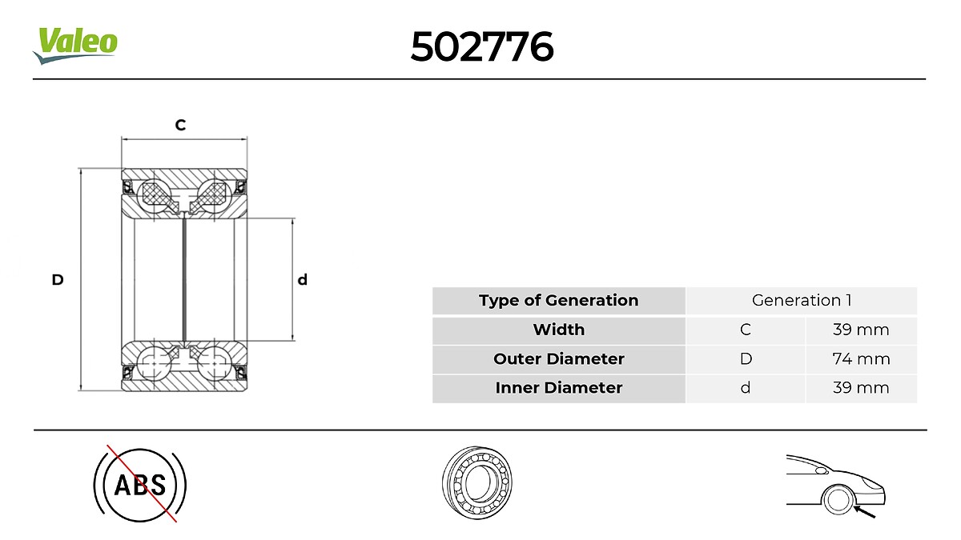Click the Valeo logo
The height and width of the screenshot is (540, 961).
point(75,44)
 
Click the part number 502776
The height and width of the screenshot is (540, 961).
point(481,47)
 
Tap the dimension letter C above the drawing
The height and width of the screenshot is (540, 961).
point(181,125)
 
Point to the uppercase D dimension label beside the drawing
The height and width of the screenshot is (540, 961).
point(58,280)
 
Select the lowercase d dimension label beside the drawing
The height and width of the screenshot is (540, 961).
point(302,280)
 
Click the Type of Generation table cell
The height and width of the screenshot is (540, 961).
point(558,301)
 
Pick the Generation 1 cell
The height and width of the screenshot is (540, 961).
point(801,301)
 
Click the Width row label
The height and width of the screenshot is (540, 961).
point(558,330)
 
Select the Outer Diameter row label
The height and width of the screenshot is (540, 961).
point(558,359)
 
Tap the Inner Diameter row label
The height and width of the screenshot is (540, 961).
point(558,388)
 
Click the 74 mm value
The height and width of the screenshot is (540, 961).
point(861,359)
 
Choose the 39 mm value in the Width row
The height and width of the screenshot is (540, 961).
point(861,330)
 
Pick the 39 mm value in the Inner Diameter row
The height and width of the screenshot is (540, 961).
point(861,388)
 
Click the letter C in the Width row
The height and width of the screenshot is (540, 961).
point(746,330)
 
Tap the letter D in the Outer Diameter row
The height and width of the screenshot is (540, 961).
point(746,359)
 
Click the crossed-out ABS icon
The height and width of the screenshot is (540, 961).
point(140,484)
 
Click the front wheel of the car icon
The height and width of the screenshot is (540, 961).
point(838,500)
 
